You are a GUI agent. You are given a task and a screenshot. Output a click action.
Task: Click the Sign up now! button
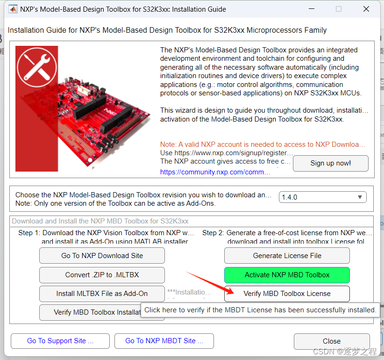tap(330, 163)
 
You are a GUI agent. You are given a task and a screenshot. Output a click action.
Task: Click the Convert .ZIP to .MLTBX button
tap(102, 275)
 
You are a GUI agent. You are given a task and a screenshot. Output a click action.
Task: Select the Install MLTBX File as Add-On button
tap(102, 294)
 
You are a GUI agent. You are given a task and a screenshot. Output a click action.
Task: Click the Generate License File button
tap(287, 256)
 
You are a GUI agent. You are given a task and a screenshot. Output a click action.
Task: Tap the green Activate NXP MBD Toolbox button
tap(287, 275)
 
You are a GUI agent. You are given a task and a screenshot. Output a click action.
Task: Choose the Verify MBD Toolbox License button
tap(287, 294)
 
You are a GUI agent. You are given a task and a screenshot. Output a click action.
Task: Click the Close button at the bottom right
tap(331, 341)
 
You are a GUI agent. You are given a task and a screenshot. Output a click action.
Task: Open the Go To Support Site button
tap(60, 341)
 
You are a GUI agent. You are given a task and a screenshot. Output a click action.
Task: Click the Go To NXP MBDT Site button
tap(164, 341)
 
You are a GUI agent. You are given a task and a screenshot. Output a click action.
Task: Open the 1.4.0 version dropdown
tap(322, 197)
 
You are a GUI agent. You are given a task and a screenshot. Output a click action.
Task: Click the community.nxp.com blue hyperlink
tap(215, 172)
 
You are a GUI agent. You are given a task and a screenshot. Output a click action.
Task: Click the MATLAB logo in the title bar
tap(13, 9)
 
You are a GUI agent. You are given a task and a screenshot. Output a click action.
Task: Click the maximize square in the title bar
tap(339, 9)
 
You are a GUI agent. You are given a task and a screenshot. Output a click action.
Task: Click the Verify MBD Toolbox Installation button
tap(91, 312)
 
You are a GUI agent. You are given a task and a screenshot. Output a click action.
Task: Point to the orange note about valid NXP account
tap(263, 144)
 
